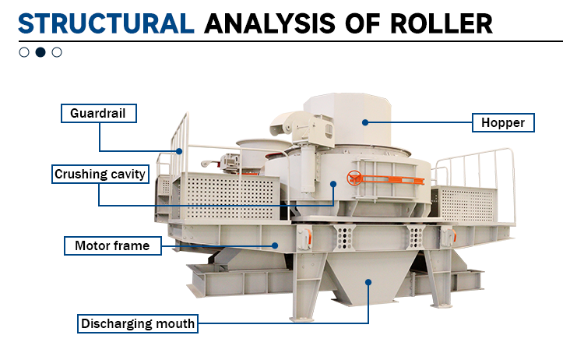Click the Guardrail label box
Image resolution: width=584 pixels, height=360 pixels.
tap(99, 113)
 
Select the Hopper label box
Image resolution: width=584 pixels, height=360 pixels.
tap(503, 122)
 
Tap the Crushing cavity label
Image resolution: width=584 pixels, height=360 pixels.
tap(100, 174)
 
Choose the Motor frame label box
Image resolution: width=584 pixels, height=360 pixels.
tap(112, 245)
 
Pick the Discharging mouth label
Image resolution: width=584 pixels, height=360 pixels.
tap(137, 323)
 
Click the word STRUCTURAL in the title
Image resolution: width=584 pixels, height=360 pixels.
tap(106, 24)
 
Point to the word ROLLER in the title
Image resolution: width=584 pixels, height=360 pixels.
tap(442, 24)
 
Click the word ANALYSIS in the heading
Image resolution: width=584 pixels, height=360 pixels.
tap(269, 24)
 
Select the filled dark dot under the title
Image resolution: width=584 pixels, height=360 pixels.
tap(40, 52)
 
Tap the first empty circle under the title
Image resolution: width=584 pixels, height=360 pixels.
tap(24, 52)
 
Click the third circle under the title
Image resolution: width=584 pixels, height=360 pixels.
tap(57, 52)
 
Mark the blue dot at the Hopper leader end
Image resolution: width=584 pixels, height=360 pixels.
tap(365, 122)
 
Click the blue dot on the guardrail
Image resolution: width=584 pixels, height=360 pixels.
tap(179, 151)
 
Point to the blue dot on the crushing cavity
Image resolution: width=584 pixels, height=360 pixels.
tap(333, 184)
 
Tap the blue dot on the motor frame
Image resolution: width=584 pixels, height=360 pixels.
tap(275, 245)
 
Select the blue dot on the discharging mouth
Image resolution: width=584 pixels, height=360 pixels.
tap(368, 282)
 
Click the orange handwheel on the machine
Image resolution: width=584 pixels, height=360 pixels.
tap(354, 178)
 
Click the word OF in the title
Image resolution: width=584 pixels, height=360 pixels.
tap(363, 24)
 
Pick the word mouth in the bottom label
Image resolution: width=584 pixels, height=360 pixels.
tap(175, 323)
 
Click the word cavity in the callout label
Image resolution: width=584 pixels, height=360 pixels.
tap(128, 174)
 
